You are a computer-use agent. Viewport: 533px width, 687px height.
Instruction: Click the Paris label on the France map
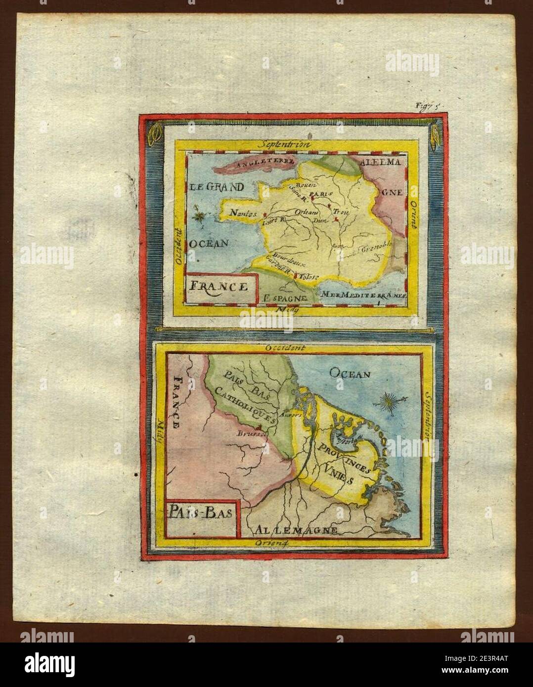[320, 194]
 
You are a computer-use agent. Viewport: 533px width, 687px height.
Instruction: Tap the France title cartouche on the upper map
[221, 286]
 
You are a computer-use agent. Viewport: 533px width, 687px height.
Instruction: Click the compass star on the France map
[201, 216]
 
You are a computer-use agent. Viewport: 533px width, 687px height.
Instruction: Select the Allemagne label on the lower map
[297, 531]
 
